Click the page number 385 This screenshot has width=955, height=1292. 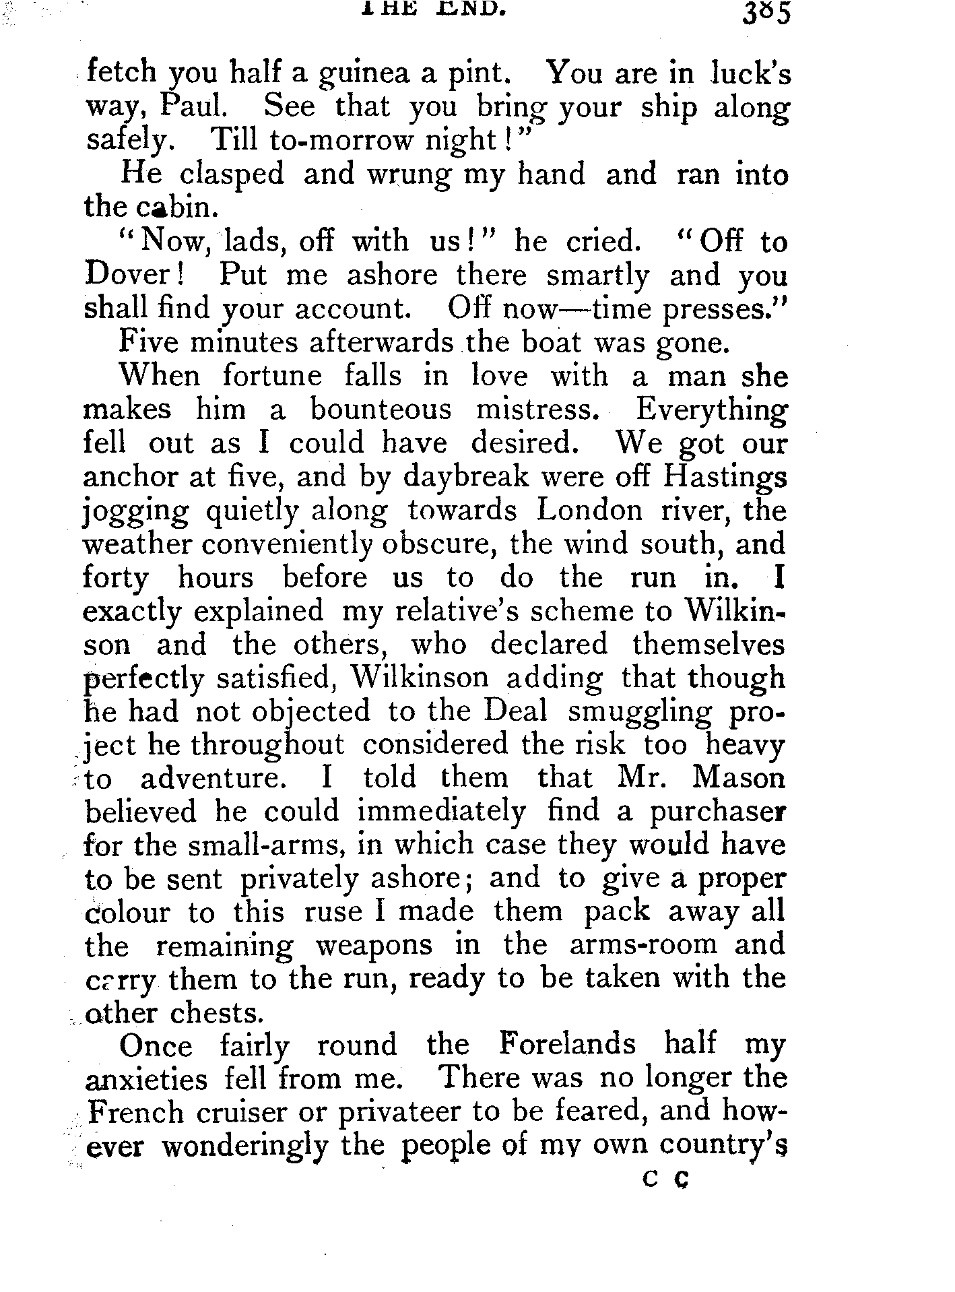765,14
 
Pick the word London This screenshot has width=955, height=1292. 589,511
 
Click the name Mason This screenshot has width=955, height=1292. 738,779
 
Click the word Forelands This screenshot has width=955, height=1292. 568,1045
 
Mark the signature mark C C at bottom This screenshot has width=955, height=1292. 665,1180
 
